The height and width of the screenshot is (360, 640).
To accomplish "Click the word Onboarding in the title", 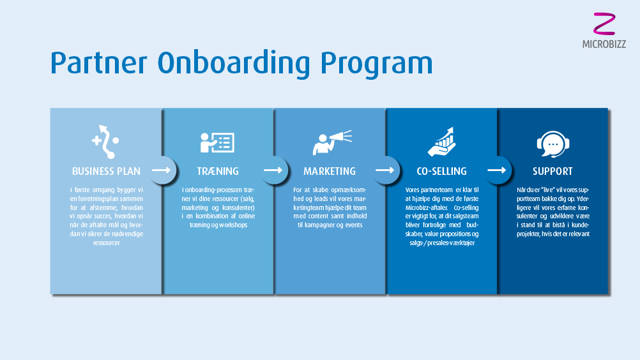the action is (x=234, y=63).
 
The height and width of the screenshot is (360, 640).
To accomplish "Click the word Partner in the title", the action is (x=98, y=63).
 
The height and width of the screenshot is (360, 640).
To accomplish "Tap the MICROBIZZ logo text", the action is (x=604, y=44).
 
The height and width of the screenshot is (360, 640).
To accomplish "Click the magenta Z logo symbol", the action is (x=604, y=24).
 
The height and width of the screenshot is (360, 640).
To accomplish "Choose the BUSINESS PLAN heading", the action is (x=106, y=171).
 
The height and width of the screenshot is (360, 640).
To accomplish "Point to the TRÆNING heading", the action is (x=218, y=171).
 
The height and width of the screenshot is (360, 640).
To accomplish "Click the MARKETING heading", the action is (x=330, y=171).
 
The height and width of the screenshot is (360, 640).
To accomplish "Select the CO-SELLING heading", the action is (x=441, y=171).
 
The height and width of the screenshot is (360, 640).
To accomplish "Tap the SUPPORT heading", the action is (x=552, y=171).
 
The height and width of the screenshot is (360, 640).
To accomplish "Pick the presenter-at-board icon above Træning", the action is (x=217, y=142).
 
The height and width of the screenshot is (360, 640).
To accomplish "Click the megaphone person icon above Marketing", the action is (x=332, y=142).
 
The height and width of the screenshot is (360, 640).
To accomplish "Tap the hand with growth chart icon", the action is (x=441, y=142).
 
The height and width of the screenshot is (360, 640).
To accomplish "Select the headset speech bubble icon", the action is (x=553, y=144).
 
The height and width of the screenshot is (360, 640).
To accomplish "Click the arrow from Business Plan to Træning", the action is (x=161, y=170).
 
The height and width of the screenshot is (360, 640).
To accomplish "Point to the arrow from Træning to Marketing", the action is (x=273, y=170).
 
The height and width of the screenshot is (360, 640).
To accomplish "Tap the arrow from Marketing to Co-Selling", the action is (x=385, y=170).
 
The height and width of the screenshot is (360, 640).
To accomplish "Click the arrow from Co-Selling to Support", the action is (x=497, y=170).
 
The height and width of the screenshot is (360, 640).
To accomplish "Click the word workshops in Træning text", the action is (x=232, y=225).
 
